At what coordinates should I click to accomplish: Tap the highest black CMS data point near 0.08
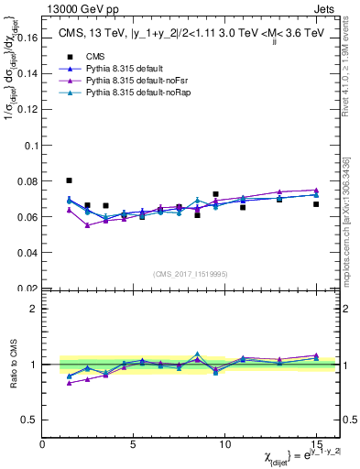tap(70, 180)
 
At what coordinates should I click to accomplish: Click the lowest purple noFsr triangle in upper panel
tap(88, 224)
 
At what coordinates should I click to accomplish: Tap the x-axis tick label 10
tap(224, 444)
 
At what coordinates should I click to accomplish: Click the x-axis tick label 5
tap(134, 444)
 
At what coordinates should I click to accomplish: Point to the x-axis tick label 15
tap(315, 444)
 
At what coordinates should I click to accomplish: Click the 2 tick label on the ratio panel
tap(35, 309)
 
